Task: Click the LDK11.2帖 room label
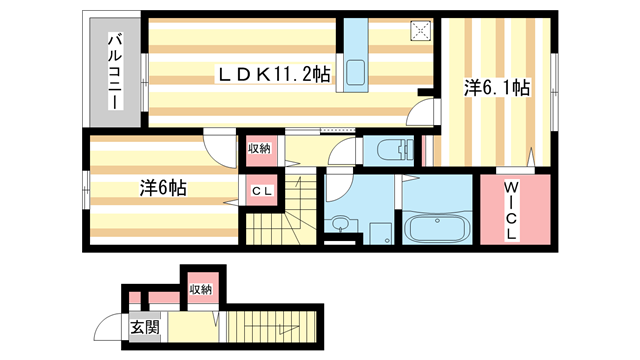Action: (x=274, y=74)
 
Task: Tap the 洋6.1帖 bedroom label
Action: (x=497, y=88)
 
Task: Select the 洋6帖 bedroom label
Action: (x=163, y=188)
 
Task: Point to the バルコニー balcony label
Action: (x=116, y=72)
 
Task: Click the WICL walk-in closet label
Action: (x=511, y=211)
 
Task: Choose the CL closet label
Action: (x=261, y=191)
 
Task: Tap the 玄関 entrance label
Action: (x=144, y=327)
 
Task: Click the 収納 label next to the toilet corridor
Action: (x=259, y=149)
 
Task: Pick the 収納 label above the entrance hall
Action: (x=201, y=289)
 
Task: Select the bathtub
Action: (x=437, y=229)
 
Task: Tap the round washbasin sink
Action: (x=338, y=224)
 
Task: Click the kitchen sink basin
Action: (x=356, y=72)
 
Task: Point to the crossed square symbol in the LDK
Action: (x=420, y=31)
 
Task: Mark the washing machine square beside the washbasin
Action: (x=380, y=233)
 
